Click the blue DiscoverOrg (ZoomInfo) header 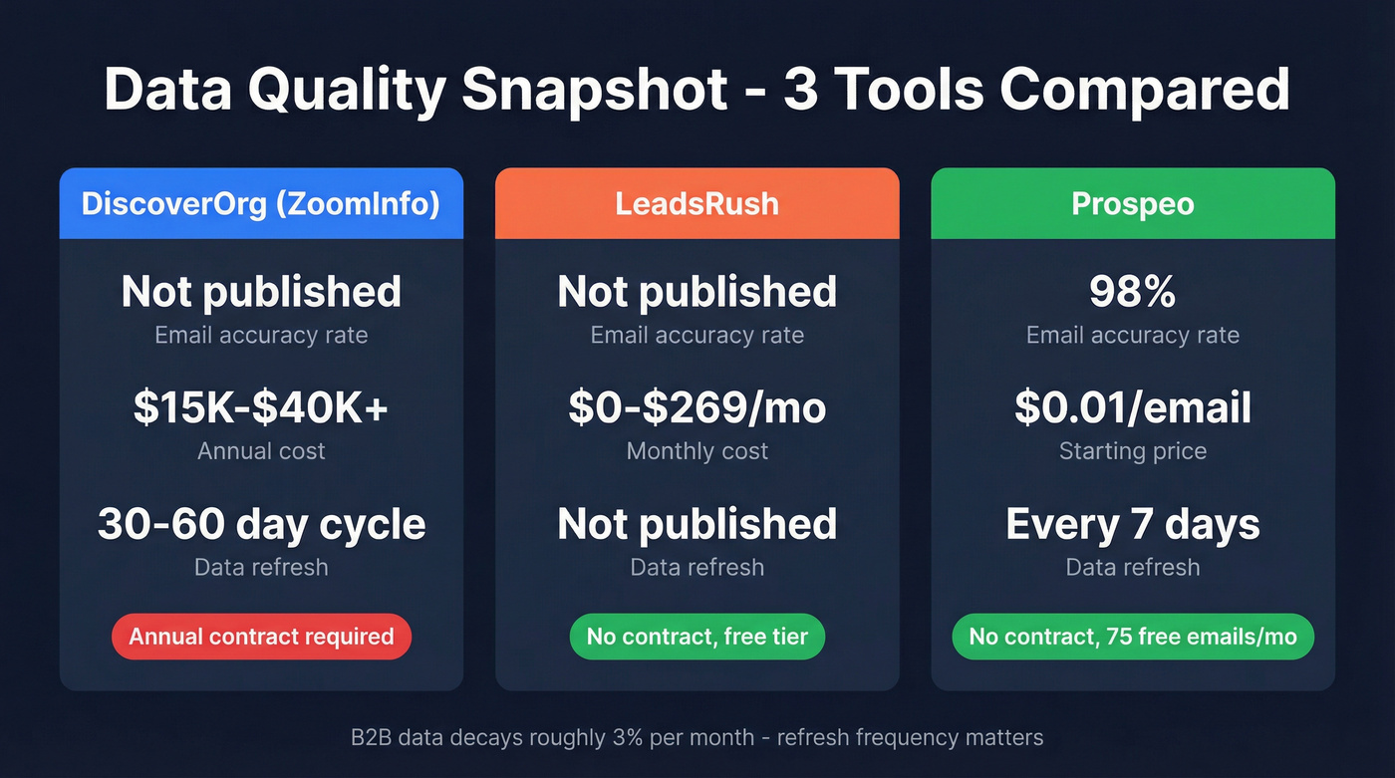pos(261,203)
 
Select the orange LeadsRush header pos(697,203)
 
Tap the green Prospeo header pos(1132,203)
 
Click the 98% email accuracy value pos(1132,292)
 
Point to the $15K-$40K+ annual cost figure pos(261,407)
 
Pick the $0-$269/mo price pos(697,407)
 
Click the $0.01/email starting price pos(1132,407)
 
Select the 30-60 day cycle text pos(261,524)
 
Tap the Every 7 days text pos(1132,524)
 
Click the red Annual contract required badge pos(261,637)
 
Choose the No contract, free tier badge pos(697,637)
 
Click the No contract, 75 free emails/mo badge pos(1132,637)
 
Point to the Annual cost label pos(261,451)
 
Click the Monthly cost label pos(697,451)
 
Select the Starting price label pos(1132,451)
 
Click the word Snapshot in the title pos(594,90)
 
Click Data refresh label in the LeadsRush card pos(697,567)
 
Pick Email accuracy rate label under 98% pos(1132,335)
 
